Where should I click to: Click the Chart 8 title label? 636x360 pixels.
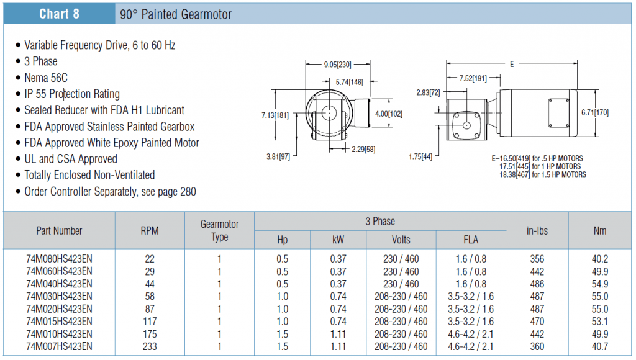59,14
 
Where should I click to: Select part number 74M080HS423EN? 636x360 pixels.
59,259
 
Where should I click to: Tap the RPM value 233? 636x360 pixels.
150,346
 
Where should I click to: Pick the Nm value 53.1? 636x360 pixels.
600,322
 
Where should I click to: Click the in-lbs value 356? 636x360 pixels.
537,259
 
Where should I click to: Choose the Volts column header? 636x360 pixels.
401,240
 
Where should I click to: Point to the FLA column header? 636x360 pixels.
471,240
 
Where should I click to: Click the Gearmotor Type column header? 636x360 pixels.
219,230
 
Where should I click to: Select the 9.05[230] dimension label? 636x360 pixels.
337,65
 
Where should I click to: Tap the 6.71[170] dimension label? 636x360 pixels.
595,112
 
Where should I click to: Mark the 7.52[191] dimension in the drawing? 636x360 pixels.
473,78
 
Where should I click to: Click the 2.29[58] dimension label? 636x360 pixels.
363,149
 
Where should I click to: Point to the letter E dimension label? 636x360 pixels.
512,64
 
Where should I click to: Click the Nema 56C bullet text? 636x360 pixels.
46,78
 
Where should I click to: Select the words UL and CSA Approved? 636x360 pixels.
71,158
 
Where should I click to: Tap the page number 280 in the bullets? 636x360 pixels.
188,191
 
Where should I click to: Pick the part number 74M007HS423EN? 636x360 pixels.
59,346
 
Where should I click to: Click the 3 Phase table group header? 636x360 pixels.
380,222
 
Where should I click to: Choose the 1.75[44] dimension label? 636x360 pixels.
420,156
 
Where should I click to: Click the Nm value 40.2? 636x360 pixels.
600,259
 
